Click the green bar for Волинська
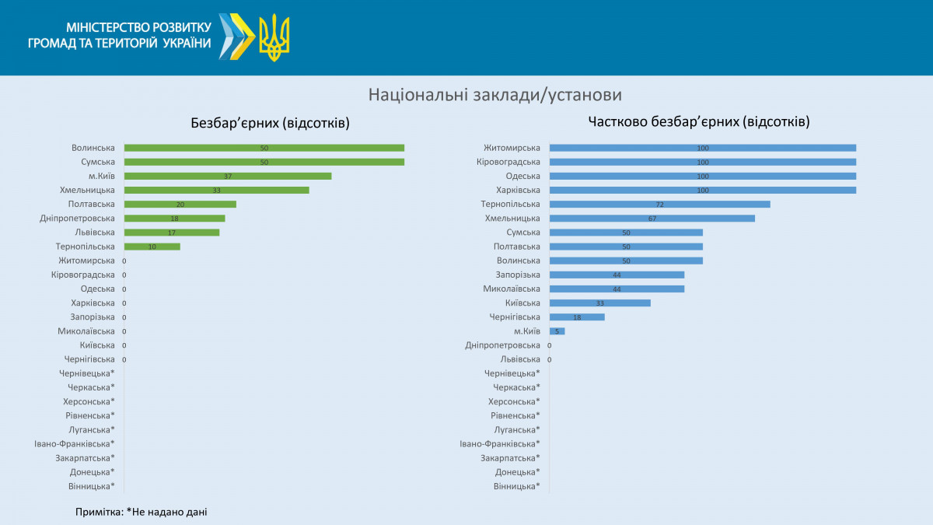264,148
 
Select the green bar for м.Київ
228,176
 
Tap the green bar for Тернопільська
152,247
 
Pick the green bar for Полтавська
180,205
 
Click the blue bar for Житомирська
702,148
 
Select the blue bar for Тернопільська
659,205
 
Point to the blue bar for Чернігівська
577,317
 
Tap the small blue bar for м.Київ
557,331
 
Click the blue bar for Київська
599,303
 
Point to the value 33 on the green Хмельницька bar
217,191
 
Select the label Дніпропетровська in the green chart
77,219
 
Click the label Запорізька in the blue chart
518,275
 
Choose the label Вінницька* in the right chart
516,486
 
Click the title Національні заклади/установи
495,95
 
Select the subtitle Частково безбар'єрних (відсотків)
699,121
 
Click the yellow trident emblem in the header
274,37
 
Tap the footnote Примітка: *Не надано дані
142,512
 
